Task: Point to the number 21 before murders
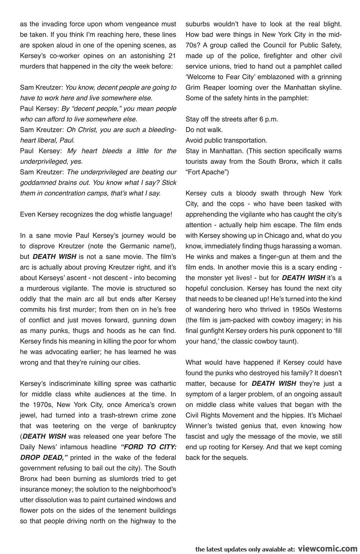(172, 56)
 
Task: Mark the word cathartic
(159, 384)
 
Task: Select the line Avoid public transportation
(226, 140)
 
